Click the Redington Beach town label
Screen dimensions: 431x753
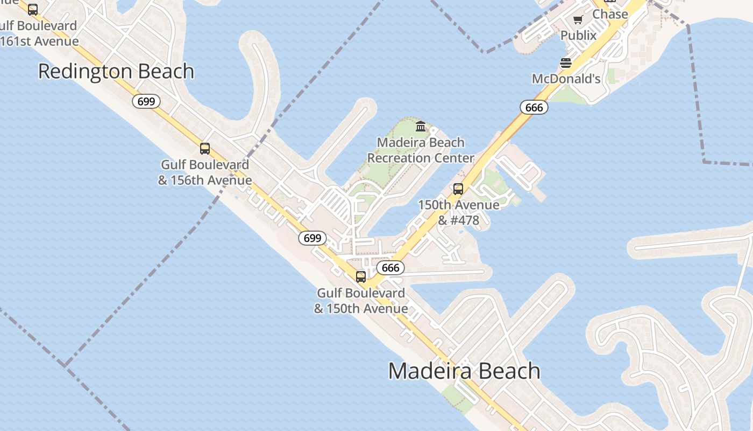click(116, 72)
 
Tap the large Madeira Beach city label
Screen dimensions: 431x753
click(464, 371)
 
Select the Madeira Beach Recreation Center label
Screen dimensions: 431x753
click(421, 150)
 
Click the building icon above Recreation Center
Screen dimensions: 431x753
click(421, 127)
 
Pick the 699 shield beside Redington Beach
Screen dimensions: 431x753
click(147, 101)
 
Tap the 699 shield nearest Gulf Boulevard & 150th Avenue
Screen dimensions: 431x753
click(312, 238)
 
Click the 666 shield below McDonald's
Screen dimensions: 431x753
click(534, 107)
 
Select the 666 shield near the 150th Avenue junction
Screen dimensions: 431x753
click(390, 268)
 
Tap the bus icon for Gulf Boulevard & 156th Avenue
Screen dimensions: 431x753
click(205, 149)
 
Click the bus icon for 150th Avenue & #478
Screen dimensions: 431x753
click(458, 189)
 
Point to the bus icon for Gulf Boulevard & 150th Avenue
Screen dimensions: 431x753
click(361, 277)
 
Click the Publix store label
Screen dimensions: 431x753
click(579, 36)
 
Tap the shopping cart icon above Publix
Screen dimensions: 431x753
click(578, 20)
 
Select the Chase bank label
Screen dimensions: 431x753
click(610, 15)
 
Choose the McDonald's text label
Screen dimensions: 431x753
click(566, 79)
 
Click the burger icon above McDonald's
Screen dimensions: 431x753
click(566, 64)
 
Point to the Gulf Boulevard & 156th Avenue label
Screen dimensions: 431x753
click(205, 172)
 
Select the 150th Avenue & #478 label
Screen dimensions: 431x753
click(458, 212)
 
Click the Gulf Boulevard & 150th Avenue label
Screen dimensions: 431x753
click(361, 301)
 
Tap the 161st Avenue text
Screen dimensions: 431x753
click(40, 41)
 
